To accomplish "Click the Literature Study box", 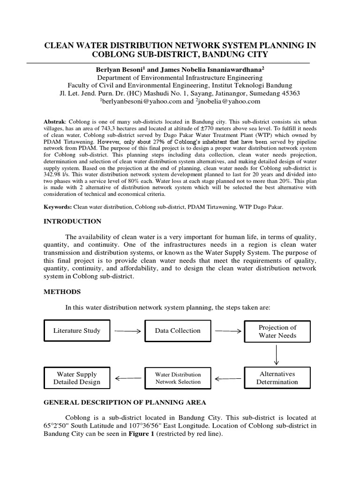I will tap(77, 331).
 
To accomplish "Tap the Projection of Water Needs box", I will tap(277, 331).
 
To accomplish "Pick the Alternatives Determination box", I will tap(277, 378).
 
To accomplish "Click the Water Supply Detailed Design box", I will tap(77, 378).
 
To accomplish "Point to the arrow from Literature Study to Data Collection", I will tap(127, 331).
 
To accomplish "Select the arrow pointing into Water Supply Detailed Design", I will tap(127, 378).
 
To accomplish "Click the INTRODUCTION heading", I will tap(72, 221).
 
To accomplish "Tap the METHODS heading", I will tap(62, 292).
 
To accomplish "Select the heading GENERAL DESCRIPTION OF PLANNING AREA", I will tap(125, 403).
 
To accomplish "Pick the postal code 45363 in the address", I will tap(290, 93).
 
